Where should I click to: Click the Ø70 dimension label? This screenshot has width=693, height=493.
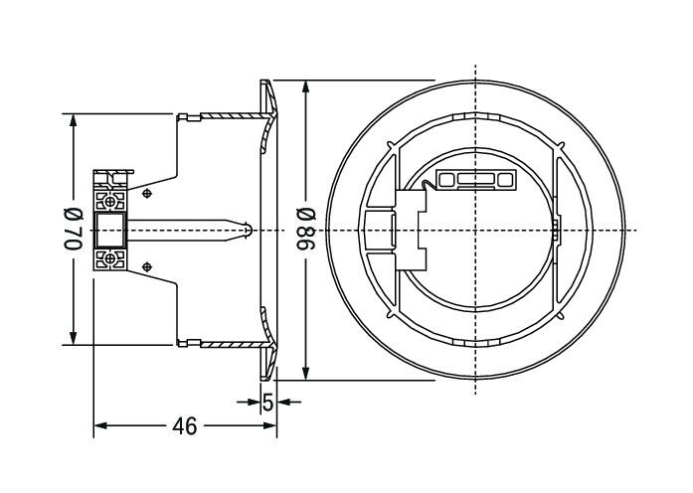[74, 229]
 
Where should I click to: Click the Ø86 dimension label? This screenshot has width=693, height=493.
[306, 229]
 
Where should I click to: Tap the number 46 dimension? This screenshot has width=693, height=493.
[185, 426]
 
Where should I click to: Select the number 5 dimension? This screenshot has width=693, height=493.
[267, 402]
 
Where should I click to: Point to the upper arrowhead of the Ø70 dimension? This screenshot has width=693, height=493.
[74, 120]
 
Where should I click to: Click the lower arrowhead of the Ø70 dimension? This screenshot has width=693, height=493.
[74, 338]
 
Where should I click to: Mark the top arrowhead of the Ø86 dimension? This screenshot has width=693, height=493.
[305, 87]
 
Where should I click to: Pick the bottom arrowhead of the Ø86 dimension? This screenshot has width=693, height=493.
[305, 373]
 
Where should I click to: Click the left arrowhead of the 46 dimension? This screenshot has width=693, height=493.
[100, 425]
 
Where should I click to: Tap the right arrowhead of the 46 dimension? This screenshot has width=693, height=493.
[270, 425]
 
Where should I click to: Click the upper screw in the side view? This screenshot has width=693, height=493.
[110, 202]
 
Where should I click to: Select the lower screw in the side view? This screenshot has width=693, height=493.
[110, 258]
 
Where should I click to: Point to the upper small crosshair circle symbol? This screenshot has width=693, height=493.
[147, 193]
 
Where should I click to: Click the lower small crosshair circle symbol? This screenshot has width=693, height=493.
[147, 266]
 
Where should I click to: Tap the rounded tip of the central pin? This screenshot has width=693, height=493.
[250, 231]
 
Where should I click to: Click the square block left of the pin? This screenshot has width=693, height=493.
[110, 231]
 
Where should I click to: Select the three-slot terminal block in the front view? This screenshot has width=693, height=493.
[476, 179]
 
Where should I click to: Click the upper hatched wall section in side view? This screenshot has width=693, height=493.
[236, 116]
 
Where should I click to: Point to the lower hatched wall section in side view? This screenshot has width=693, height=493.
[236, 344]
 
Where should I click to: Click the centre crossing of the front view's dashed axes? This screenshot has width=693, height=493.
[475, 231]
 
